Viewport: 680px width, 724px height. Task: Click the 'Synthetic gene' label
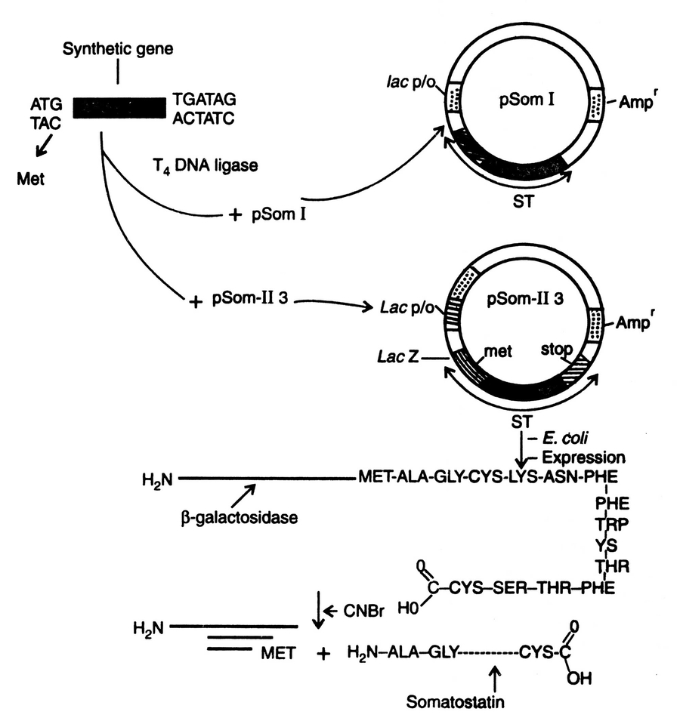pos(119,50)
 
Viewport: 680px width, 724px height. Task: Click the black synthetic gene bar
pos(119,108)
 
